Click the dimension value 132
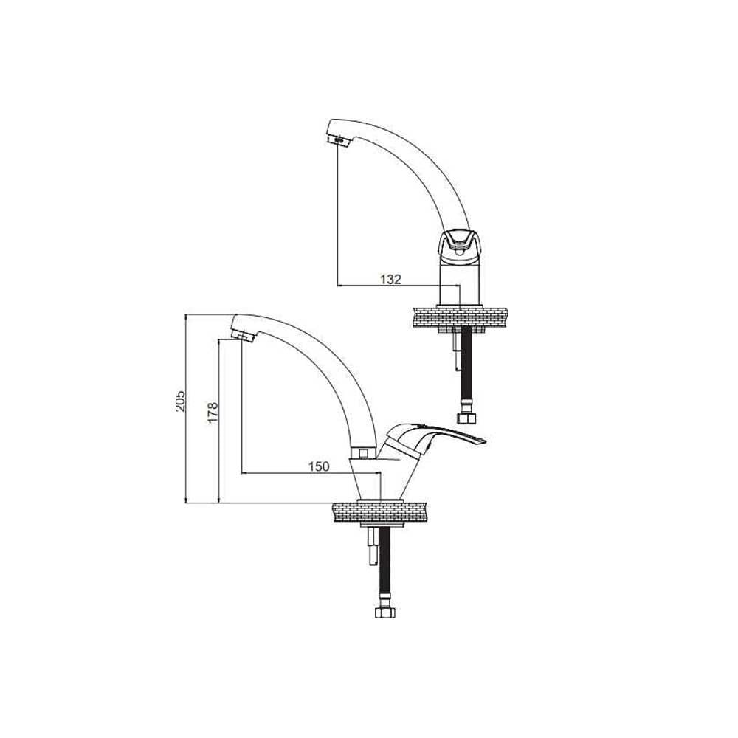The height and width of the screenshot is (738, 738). point(390,279)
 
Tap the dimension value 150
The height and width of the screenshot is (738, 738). point(319,466)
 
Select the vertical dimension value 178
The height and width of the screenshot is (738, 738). point(213,412)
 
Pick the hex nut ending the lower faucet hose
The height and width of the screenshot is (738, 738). point(384,613)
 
